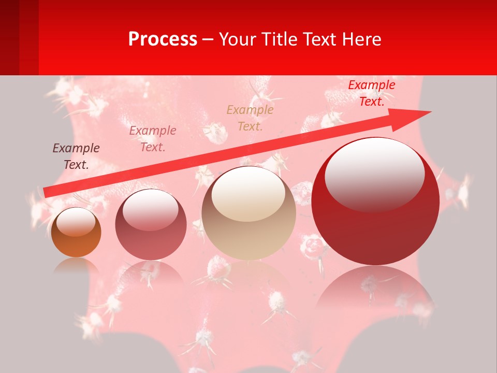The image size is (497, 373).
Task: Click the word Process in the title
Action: pyautogui.click(x=163, y=39)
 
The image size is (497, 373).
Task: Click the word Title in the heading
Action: pyautogui.click(x=278, y=39)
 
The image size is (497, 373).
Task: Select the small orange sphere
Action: pyautogui.click(x=76, y=233)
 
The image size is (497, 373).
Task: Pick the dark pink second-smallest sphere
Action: pyautogui.click(x=151, y=225)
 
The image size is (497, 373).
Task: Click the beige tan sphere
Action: pyautogui.click(x=248, y=213)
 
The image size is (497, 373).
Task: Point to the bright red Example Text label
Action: pyautogui.click(x=371, y=93)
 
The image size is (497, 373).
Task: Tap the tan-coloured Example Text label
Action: pyautogui.click(x=250, y=118)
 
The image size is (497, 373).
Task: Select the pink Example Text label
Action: pyautogui.click(x=153, y=138)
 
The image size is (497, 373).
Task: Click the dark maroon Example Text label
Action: pyautogui.click(x=76, y=156)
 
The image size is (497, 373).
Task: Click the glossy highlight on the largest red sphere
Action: pyautogui.click(x=374, y=174)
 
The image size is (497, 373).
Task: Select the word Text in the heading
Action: pyautogui.click(x=319, y=39)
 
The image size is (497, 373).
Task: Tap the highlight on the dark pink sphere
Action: pyautogui.click(x=150, y=210)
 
